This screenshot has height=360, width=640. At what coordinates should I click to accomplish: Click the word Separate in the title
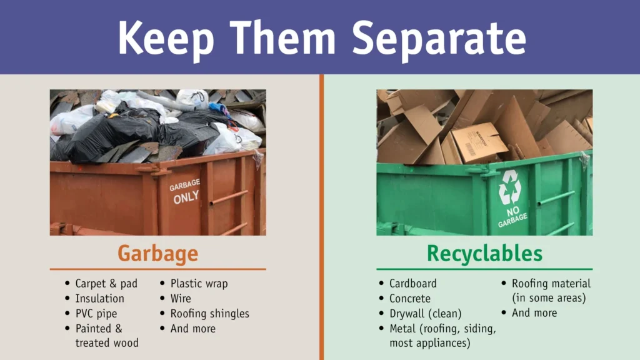click(438, 38)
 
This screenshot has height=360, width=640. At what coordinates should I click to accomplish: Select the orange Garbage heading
click(157, 254)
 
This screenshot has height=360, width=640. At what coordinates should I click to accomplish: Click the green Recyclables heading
click(484, 254)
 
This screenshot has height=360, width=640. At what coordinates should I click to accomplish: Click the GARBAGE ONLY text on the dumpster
click(185, 190)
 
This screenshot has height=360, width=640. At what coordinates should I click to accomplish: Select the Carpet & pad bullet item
click(106, 284)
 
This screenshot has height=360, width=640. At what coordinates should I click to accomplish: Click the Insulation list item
click(99, 299)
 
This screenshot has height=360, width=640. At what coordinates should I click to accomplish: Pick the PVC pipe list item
click(96, 314)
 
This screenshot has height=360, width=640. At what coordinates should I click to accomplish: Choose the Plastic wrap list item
click(199, 284)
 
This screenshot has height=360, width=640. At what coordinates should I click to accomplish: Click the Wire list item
click(181, 299)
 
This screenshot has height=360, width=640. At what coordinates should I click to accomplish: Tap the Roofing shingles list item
click(209, 314)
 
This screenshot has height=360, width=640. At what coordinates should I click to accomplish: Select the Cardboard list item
click(412, 284)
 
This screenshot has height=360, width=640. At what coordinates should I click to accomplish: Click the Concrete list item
click(409, 299)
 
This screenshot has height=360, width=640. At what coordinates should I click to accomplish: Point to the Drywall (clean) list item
click(425, 314)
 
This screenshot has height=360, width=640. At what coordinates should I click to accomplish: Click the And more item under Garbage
click(192, 329)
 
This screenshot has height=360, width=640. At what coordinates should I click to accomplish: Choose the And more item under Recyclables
click(534, 313)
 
